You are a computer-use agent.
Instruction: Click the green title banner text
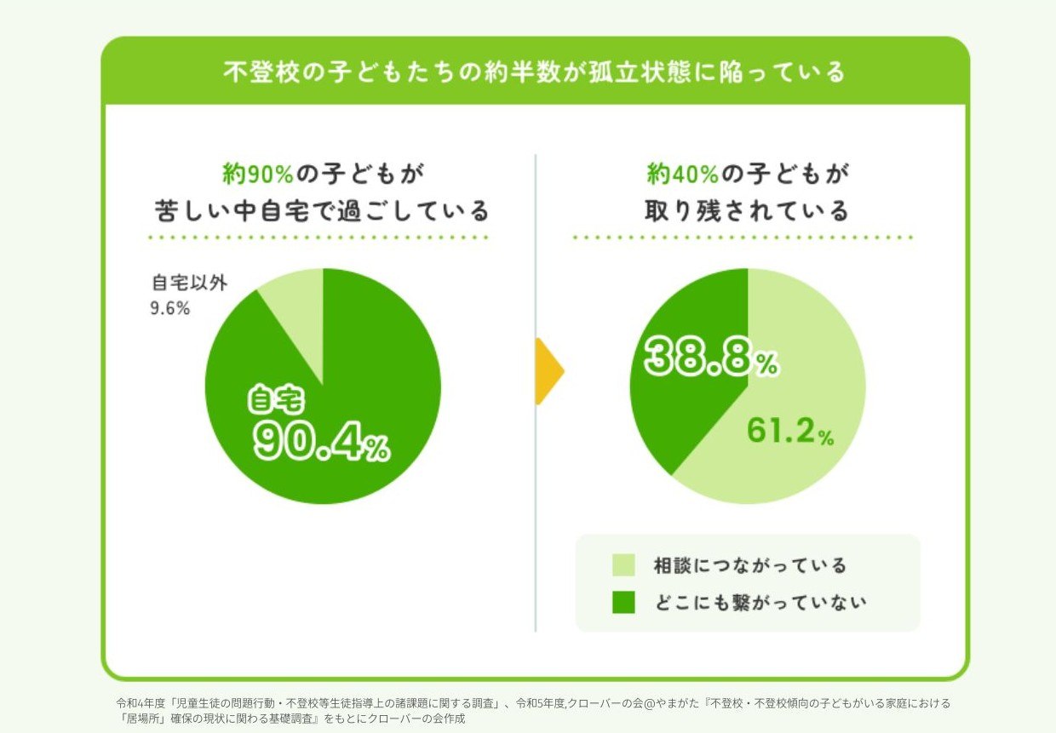[x=535, y=72]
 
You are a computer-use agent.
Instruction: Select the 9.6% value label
[x=169, y=308]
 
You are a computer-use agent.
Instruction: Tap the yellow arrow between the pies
[x=548, y=371]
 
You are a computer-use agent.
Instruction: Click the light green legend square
[x=623, y=565]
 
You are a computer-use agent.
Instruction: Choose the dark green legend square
[x=623, y=602]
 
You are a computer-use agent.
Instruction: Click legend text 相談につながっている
[x=749, y=565]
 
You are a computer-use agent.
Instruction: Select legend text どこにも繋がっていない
[x=760, y=602]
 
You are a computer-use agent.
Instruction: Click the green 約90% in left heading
[x=258, y=174]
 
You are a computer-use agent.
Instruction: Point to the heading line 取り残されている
[x=747, y=209]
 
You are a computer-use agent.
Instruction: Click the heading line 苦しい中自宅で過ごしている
[x=322, y=209]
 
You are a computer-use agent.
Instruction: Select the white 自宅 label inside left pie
[x=275, y=398]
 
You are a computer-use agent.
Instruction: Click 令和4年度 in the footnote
[x=141, y=704]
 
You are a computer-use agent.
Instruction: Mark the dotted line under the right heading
[x=743, y=238]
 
